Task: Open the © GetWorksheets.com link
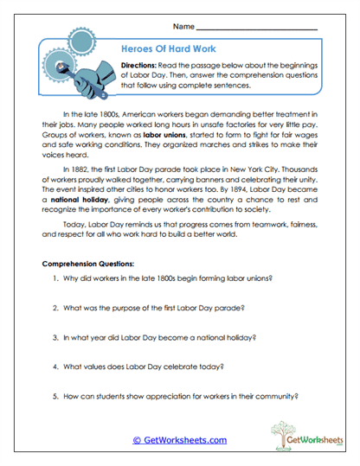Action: [x=179, y=439]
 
